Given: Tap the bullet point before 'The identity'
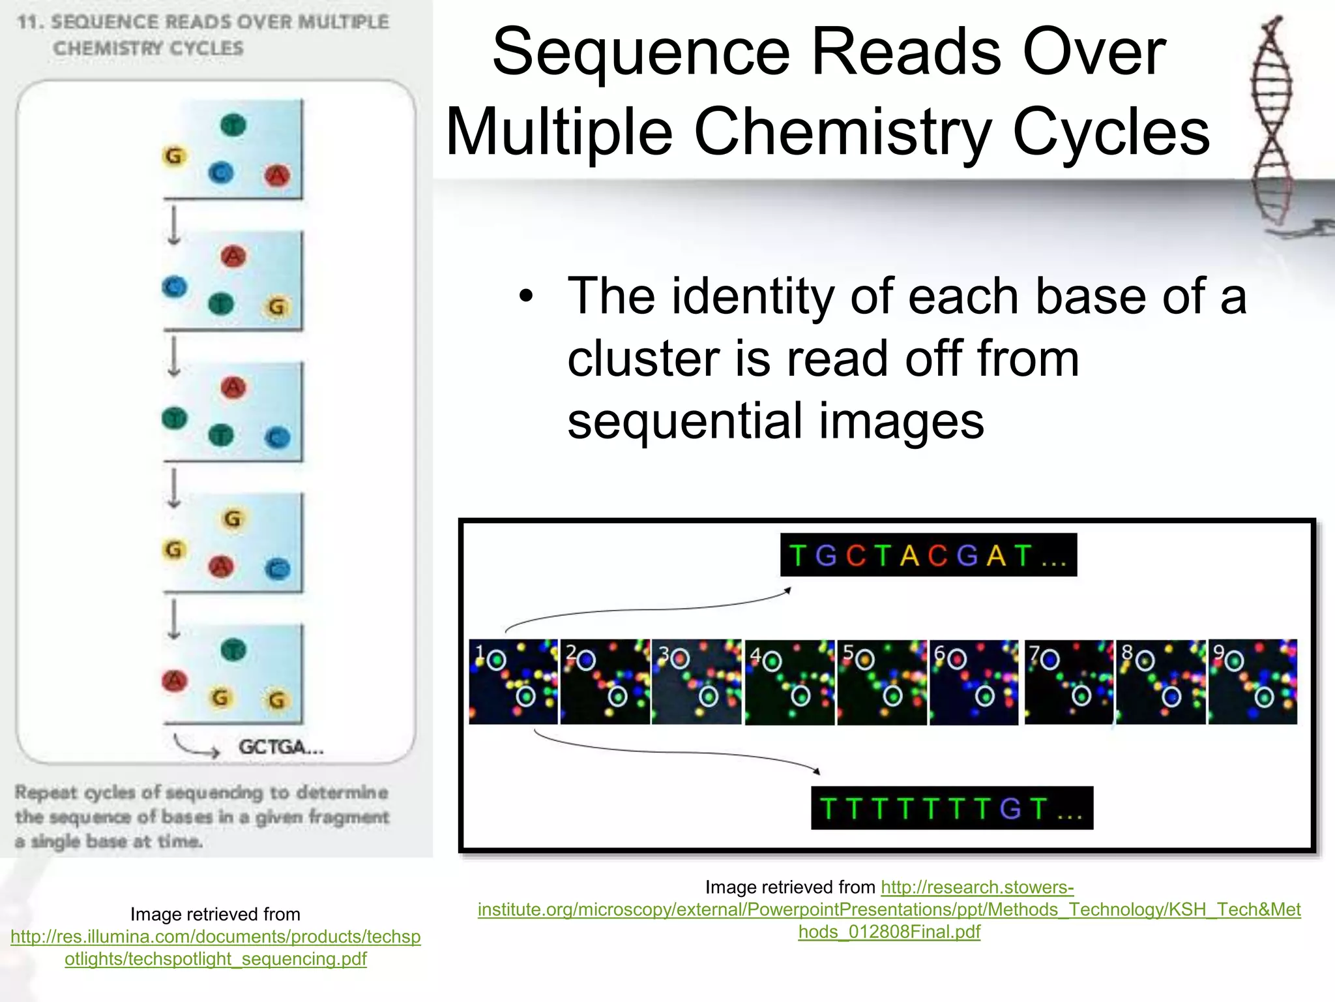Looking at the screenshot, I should (x=526, y=297).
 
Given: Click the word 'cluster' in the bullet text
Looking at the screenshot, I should (x=641, y=359).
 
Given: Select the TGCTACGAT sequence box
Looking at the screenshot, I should (x=928, y=555).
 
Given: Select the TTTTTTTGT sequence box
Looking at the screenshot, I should (x=951, y=808).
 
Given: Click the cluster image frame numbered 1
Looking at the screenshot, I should (x=513, y=682).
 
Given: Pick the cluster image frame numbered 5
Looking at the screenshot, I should (x=881, y=682).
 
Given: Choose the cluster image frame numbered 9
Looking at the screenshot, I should (x=1252, y=682).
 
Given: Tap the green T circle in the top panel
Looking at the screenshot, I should (x=233, y=124).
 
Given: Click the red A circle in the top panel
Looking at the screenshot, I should (x=277, y=175).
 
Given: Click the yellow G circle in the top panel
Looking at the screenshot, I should (x=174, y=156).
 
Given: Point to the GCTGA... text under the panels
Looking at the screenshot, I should (x=280, y=747).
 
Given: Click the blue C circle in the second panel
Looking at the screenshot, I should (x=174, y=286).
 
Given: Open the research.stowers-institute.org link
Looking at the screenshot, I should (x=889, y=909).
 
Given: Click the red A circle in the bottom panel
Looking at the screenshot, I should (x=174, y=680).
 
